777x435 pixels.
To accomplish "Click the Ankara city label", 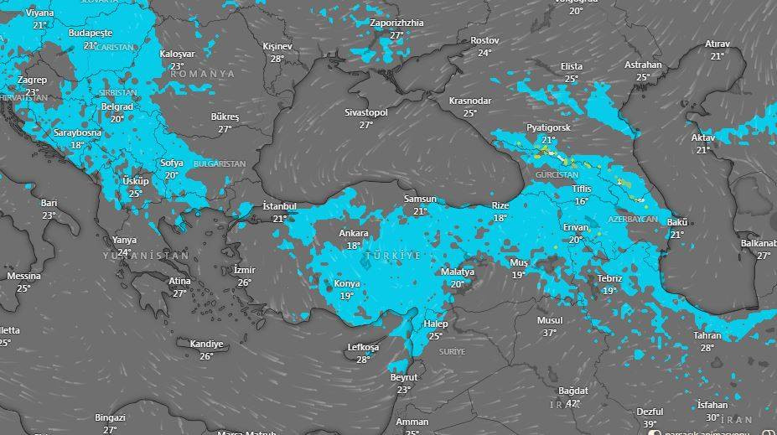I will click(x=353, y=233).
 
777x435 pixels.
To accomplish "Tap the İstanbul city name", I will click(x=280, y=206).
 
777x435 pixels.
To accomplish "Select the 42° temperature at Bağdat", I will click(x=574, y=403).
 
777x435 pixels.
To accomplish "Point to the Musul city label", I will click(x=550, y=321).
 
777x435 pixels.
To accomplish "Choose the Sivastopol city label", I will click(x=366, y=112).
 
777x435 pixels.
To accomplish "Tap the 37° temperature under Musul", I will click(x=550, y=333).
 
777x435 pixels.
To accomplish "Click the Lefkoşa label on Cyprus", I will click(x=363, y=347).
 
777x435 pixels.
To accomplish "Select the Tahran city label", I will click(x=707, y=335).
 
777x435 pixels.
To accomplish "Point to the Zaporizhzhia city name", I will click(x=396, y=23).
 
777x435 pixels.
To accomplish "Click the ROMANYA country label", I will click(x=203, y=74).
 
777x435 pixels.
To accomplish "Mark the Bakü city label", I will click(x=676, y=222).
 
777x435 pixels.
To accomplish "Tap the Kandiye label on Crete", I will click(x=206, y=344).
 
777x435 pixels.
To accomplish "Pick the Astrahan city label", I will click(x=643, y=65).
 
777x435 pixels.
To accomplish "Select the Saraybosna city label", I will click(x=77, y=132).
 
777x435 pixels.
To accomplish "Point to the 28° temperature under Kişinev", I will click(x=277, y=59).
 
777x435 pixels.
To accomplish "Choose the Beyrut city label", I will click(x=404, y=377).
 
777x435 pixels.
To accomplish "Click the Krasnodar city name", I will click(x=469, y=101).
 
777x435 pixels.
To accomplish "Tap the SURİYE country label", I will click(x=452, y=352).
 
